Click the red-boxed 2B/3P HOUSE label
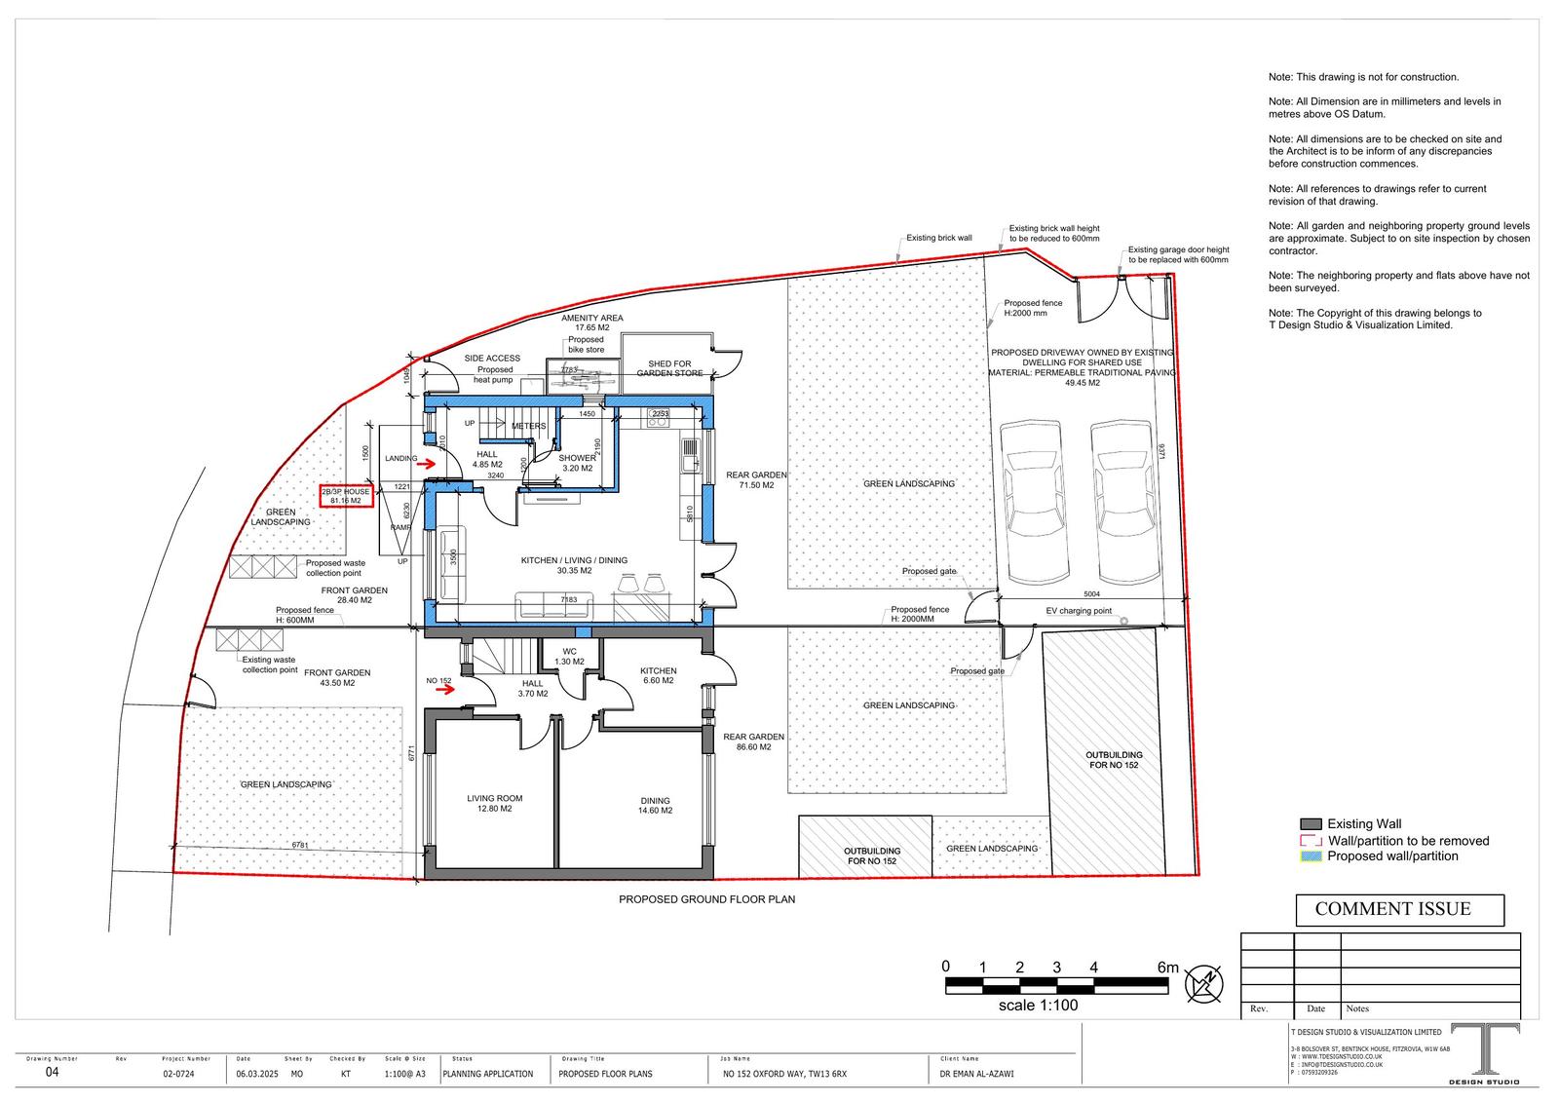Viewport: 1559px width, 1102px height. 346,496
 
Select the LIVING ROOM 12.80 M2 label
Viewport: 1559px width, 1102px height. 495,803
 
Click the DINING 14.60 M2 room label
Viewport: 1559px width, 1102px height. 655,805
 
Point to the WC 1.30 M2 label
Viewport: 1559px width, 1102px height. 569,656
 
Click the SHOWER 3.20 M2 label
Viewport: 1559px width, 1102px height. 577,463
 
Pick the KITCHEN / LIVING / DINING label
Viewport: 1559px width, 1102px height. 574,565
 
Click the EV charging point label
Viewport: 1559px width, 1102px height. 1079,611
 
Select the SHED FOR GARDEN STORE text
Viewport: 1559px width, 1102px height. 669,368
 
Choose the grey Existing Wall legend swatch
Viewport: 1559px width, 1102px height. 1311,824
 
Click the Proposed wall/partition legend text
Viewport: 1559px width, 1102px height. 1392,855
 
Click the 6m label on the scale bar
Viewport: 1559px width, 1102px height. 1167,967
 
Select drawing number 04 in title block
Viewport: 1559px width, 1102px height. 53,1073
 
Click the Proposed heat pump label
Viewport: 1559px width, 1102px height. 494,374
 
